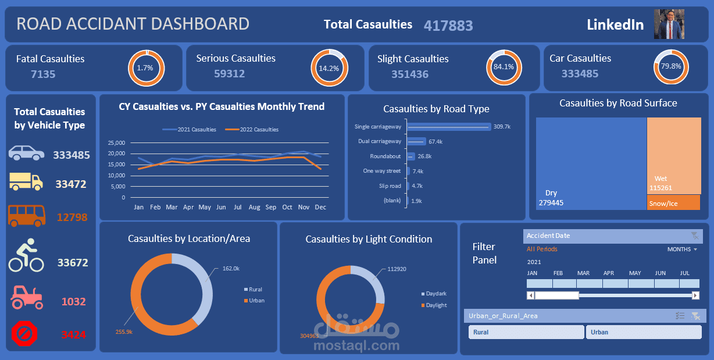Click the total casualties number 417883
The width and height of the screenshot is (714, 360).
(x=448, y=26)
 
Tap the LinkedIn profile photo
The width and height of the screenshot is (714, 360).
(x=669, y=24)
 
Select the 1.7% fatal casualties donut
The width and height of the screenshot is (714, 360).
(x=146, y=67)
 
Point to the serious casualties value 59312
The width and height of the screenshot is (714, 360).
(x=229, y=74)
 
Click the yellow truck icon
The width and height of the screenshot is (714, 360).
(x=26, y=182)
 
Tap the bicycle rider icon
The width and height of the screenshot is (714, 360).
(x=26, y=258)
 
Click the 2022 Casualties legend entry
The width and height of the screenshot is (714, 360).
(x=252, y=130)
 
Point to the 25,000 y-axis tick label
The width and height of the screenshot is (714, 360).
(x=116, y=142)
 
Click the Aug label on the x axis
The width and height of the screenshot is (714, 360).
(x=254, y=207)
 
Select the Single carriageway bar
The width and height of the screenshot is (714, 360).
(x=448, y=126)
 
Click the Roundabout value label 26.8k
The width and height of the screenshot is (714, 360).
(x=424, y=156)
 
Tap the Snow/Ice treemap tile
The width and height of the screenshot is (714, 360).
(x=673, y=203)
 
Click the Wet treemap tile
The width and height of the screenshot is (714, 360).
(x=673, y=154)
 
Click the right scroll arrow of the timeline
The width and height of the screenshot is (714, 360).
(x=695, y=295)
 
